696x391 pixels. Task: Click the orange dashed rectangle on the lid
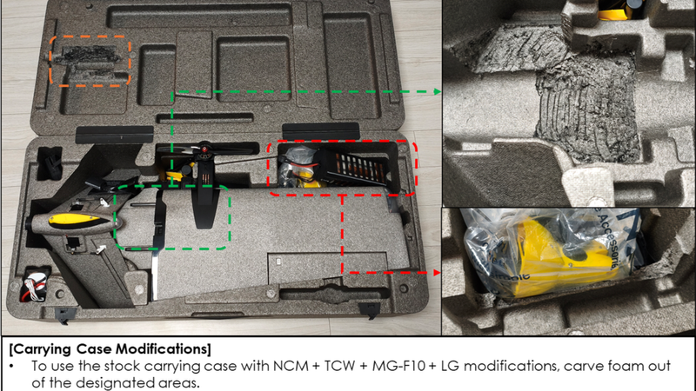pos(50,61)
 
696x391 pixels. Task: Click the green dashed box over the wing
pos(116,217)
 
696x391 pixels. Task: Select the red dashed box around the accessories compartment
pos(269,169)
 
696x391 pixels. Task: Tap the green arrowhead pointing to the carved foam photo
pos(438,92)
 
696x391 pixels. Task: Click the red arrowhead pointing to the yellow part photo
pos(437,273)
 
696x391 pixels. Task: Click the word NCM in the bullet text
pos(291,366)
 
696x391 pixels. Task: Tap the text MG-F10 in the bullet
pos(398,366)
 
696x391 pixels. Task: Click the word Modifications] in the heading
pos(164,349)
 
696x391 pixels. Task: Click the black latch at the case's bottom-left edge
pos(63,315)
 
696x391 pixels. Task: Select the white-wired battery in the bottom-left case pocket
pos(34,285)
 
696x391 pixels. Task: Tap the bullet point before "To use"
pos(11,367)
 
